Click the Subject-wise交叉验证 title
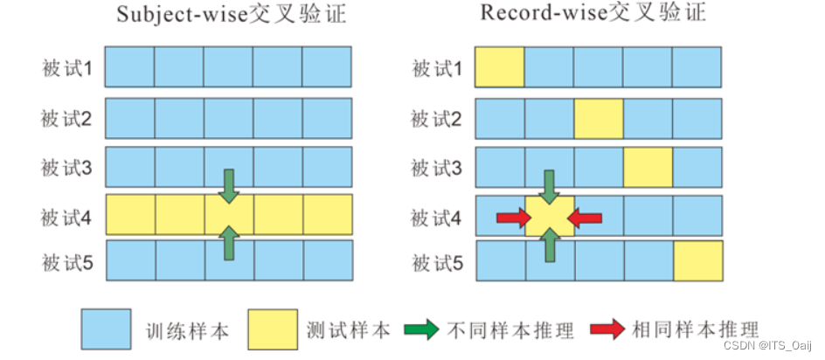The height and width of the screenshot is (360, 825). [x=227, y=18]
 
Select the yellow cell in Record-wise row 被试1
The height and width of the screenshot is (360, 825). [x=500, y=68]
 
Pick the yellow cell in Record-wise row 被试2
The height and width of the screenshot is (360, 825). [x=599, y=118]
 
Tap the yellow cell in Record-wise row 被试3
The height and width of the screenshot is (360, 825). [x=648, y=167]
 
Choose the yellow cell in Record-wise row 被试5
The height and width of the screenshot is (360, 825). [x=698, y=261]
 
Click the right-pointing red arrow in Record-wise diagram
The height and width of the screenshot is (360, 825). [x=510, y=215]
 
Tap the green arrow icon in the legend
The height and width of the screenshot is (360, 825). [x=426, y=329]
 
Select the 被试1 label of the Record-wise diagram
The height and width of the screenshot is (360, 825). [x=435, y=68]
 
